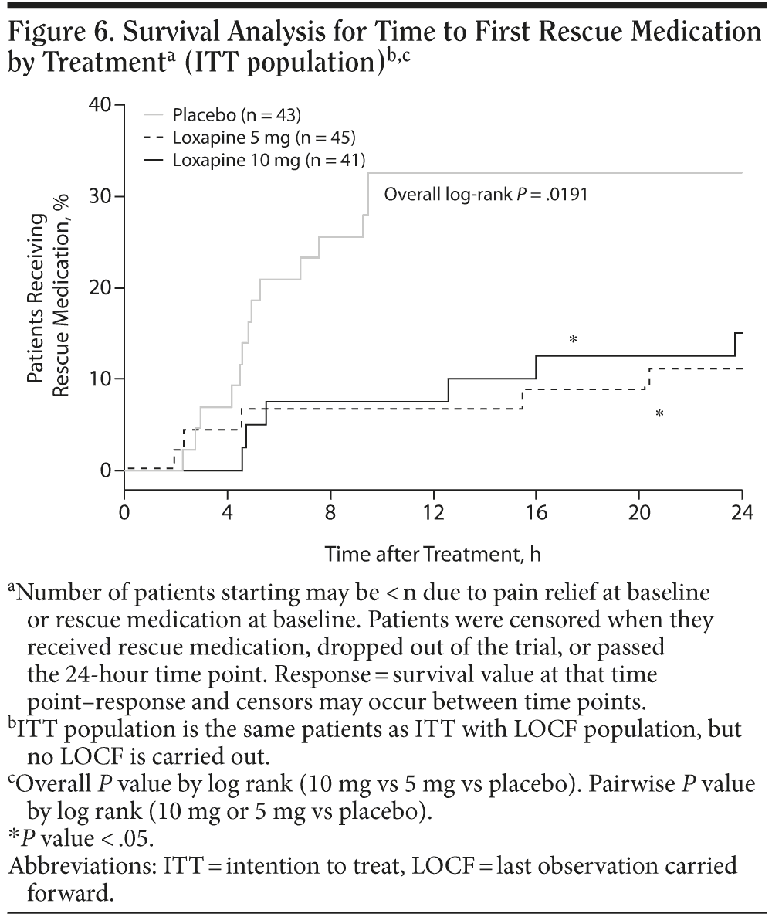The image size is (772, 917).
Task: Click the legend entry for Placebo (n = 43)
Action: click(x=236, y=116)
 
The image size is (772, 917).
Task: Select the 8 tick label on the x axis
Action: click(x=330, y=513)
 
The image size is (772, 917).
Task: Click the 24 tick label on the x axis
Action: click(x=741, y=513)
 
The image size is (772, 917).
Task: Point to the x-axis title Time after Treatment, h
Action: click(x=432, y=554)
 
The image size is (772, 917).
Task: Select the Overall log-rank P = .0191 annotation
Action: click(x=486, y=194)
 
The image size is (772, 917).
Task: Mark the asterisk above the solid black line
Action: click(x=573, y=339)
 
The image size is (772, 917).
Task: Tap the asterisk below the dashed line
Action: click(x=659, y=414)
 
